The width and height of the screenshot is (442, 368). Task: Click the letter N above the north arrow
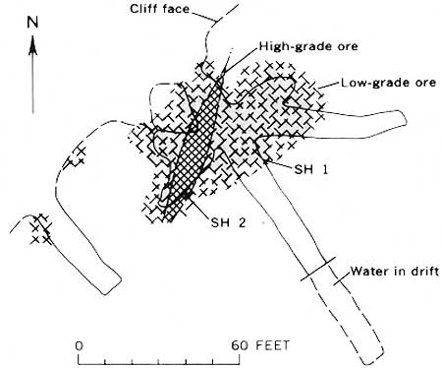32,23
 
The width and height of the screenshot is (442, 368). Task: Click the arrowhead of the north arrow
32,45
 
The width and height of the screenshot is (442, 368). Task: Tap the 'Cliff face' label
159,9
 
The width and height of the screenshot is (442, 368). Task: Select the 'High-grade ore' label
308,46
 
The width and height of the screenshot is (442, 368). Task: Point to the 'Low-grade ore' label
389,83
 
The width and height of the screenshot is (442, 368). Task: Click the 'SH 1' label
310,169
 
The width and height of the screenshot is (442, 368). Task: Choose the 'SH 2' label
228,222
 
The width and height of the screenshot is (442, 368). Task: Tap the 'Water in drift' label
395,272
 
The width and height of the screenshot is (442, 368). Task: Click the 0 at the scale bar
79,345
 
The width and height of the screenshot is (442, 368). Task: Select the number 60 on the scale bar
240,345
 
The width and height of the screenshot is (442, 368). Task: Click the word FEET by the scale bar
272,345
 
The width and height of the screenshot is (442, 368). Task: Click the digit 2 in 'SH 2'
242,222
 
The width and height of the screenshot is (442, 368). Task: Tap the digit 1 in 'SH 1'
324,169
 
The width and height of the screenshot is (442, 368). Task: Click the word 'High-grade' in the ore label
292,46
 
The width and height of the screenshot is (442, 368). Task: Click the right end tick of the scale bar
240,359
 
